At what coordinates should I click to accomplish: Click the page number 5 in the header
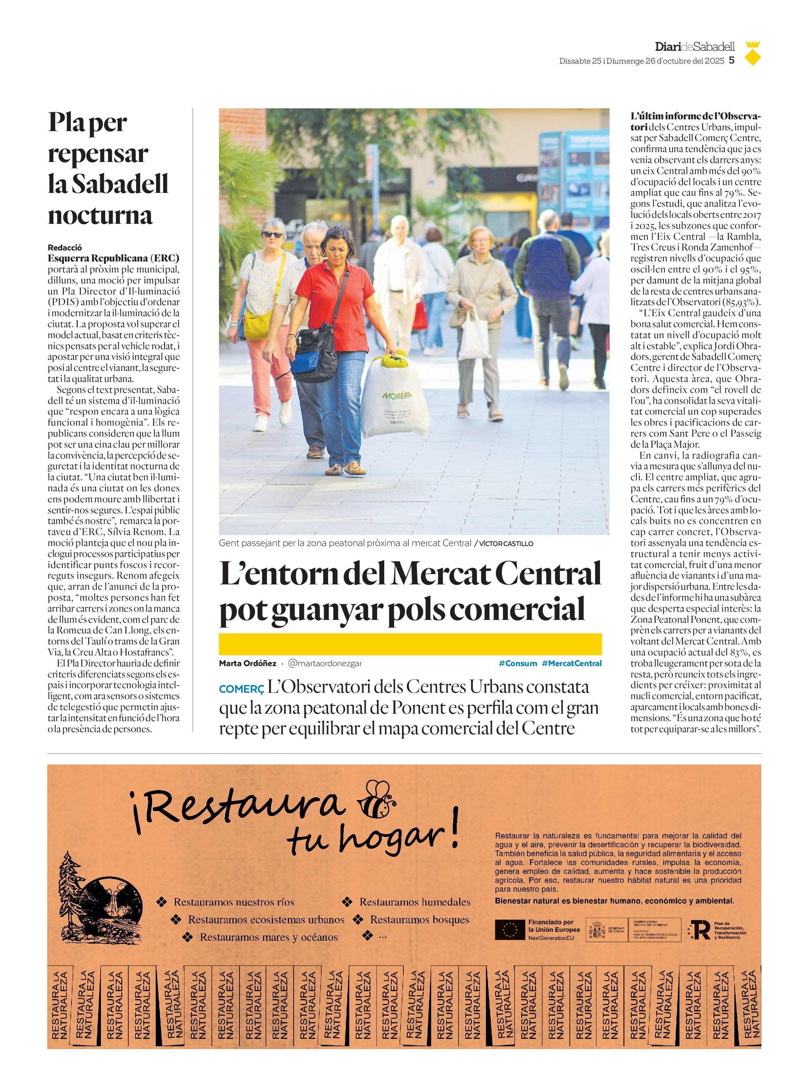(x=732, y=61)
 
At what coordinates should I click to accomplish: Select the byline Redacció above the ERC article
(x=65, y=247)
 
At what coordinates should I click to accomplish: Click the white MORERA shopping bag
(x=395, y=396)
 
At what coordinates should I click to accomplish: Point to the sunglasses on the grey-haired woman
(x=272, y=234)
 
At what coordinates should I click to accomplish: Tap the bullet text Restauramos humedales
(x=415, y=902)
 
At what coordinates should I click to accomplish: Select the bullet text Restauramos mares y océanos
(x=268, y=937)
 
